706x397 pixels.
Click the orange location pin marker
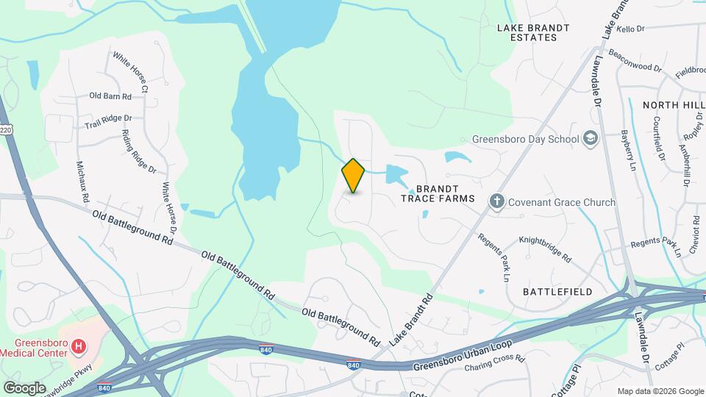tap(354, 175)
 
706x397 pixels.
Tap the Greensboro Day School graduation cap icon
tap(590, 138)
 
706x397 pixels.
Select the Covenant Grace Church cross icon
tap(497, 201)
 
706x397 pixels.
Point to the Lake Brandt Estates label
tap(533, 32)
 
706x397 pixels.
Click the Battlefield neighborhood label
tap(557, 292)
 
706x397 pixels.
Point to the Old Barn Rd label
tap(110, 96)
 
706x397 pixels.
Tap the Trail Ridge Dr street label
tap(108, 119)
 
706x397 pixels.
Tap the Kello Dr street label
tap(631, 29)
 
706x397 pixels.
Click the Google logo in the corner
tap(24, 387)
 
